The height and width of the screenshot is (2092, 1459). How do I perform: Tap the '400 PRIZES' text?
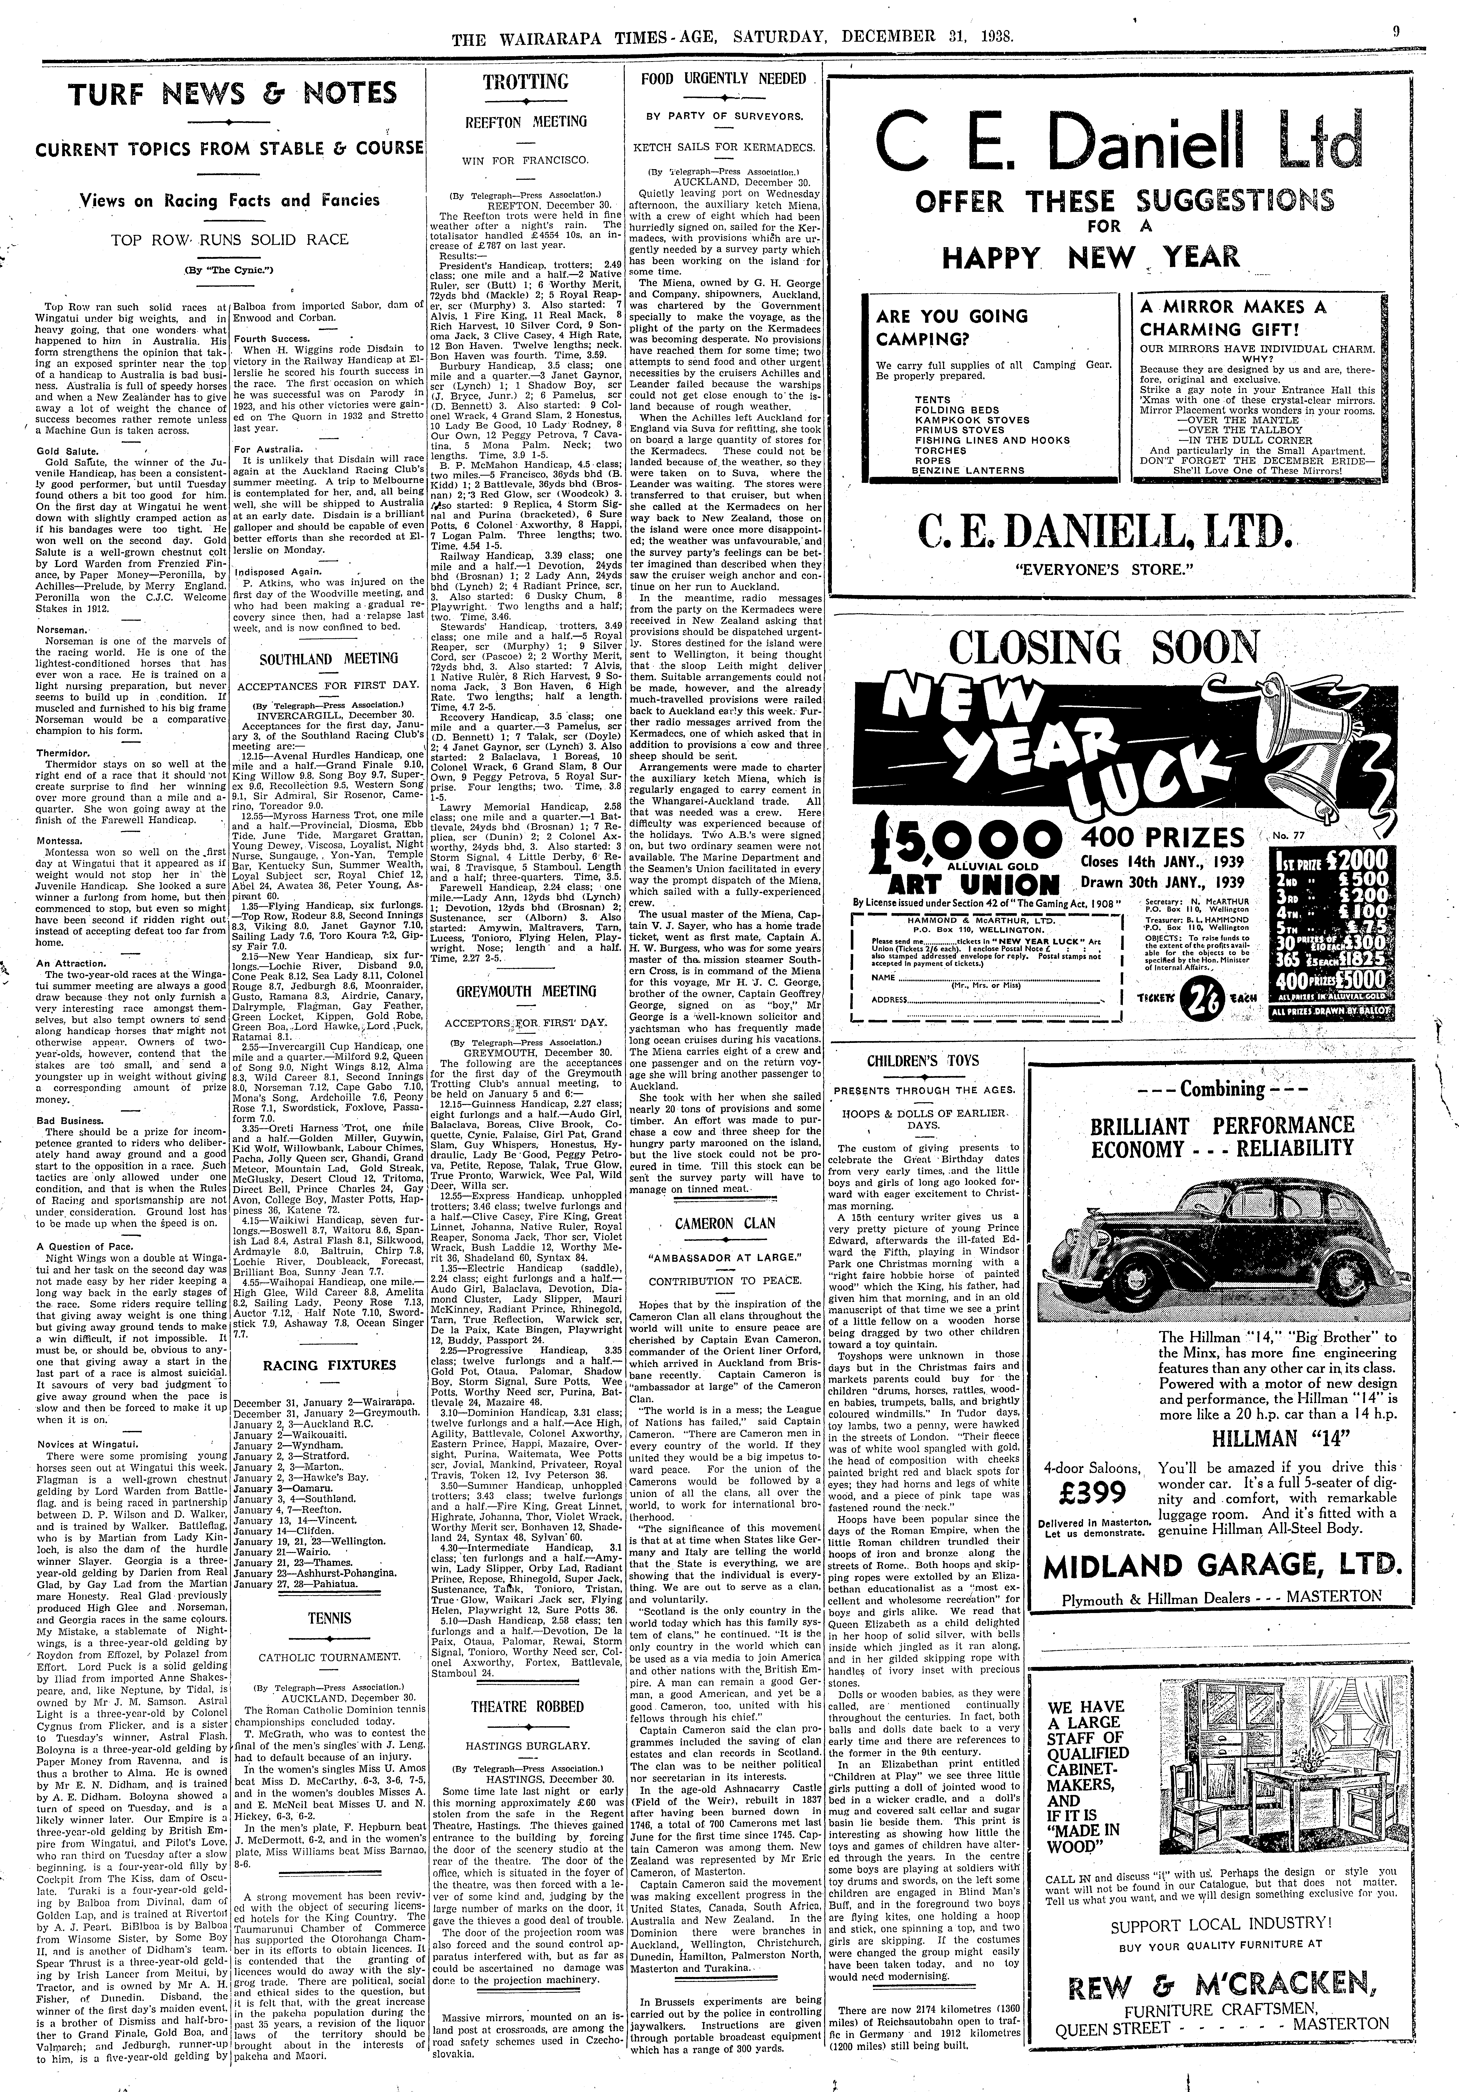[x=1162, y=836]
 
